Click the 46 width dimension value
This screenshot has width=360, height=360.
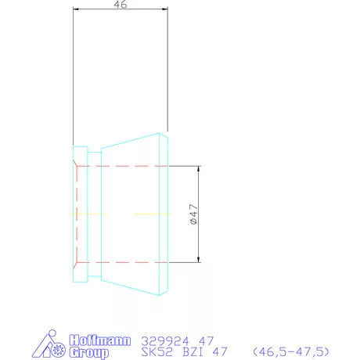click(x=121, y=4)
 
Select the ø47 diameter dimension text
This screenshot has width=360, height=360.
click(x=194, y=214)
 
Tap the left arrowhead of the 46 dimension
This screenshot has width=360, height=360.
click(x=76, y=9)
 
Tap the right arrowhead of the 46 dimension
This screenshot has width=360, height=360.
click(x=165, y=9)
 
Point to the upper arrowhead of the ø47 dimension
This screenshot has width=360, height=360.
click(x=199, y=169)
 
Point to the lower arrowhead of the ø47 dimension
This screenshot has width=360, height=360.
click(x=199, y=259)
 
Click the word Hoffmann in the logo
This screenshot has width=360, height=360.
click(x=100, y=340)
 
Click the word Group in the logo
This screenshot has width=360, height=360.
click(x=89, y=353)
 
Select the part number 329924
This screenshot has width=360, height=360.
click(x=165, y=341)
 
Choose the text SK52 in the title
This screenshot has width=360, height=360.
click(x=157, y=352)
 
